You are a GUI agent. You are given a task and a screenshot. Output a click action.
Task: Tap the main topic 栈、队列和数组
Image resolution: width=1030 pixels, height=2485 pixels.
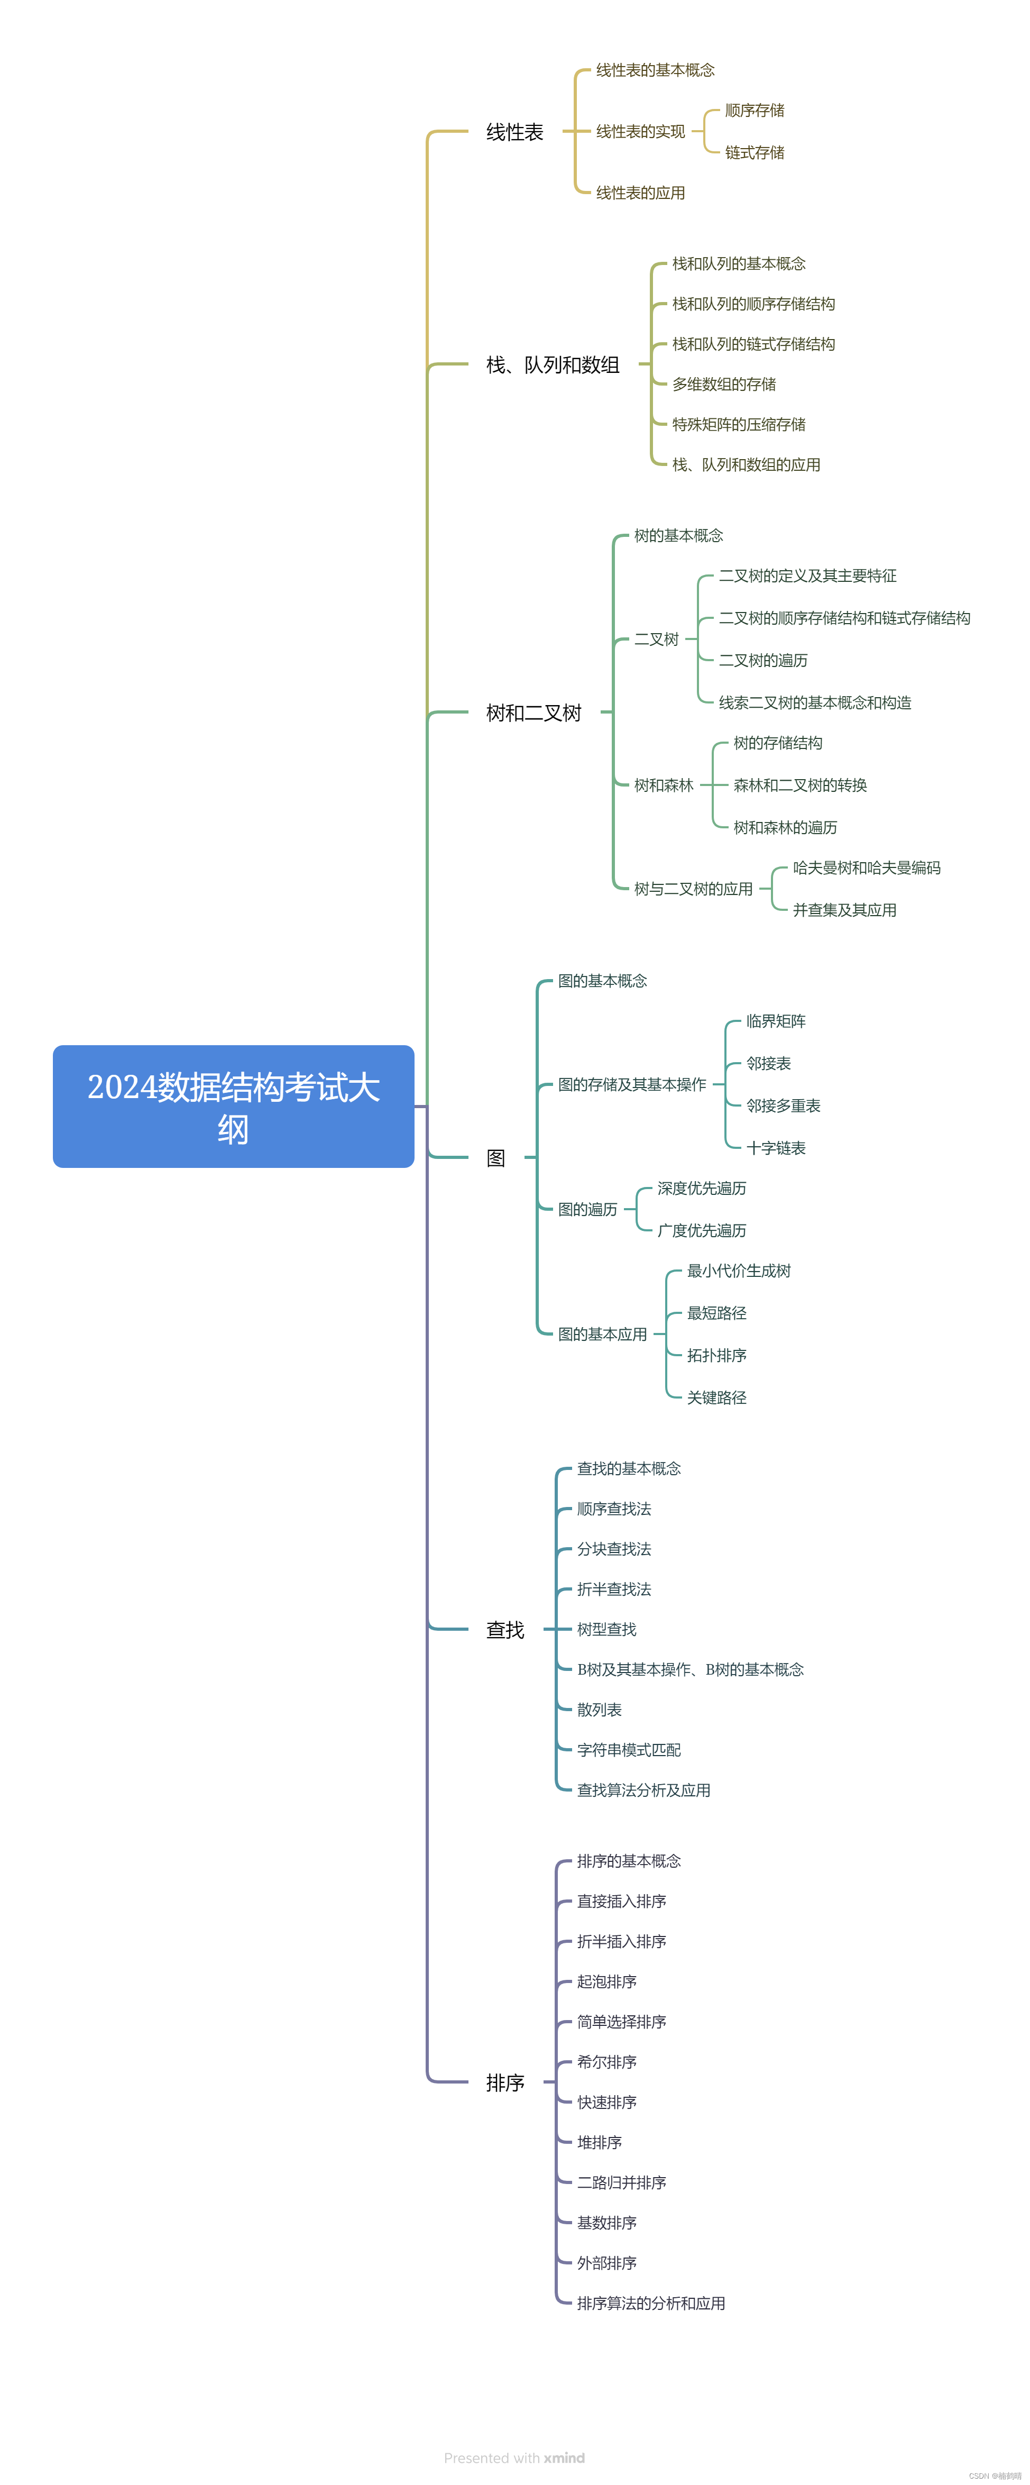point(553,364)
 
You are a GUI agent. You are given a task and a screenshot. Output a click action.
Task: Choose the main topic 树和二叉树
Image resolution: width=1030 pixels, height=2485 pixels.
point(534,713)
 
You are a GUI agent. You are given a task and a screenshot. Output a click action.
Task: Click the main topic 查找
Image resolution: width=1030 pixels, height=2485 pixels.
point(504,1629)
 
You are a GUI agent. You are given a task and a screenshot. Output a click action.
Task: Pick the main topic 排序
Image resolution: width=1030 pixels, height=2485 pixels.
point(504,2082)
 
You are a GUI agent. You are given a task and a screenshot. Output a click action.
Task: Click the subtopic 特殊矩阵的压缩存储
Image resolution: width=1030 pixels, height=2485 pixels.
point(739,424)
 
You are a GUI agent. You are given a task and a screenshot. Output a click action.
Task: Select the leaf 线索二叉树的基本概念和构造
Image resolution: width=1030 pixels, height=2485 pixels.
point(815,702)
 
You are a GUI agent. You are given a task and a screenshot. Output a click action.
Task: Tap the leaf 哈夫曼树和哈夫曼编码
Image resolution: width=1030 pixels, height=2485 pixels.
point(866,868)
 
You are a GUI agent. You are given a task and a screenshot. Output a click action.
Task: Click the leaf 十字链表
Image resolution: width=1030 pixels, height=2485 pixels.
point(775,1148)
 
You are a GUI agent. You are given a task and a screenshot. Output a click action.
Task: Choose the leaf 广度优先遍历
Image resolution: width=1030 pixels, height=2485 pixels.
point(701,1230)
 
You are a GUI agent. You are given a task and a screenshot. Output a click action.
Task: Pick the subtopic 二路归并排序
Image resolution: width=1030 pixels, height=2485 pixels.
point(621,2182)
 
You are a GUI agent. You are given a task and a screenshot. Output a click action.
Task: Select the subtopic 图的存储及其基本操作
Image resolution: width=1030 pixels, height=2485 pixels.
point(632,1084)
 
